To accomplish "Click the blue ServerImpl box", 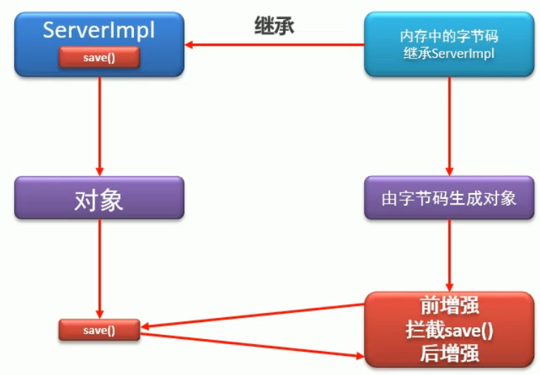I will (x=99, y=32).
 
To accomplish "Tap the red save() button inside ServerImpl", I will (x=99, y=57).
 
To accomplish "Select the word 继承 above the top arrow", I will (x=274, y=27).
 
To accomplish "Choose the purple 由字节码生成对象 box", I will (x=448, y=197).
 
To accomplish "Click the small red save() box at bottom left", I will (x=99, y=329).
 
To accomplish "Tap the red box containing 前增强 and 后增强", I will (x=448, y=328).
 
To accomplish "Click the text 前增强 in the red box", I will (x=448, y=307).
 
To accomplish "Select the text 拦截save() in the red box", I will (x=448, y=328).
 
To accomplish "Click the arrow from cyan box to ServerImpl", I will (x=275, y=47).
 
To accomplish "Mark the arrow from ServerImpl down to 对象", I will (x=99, y=123).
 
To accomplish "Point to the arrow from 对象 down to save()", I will (x=99, y=268).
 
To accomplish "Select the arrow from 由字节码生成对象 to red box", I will (x=448, y=254).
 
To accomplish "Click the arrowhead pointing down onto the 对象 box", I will (x=99, y=171).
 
